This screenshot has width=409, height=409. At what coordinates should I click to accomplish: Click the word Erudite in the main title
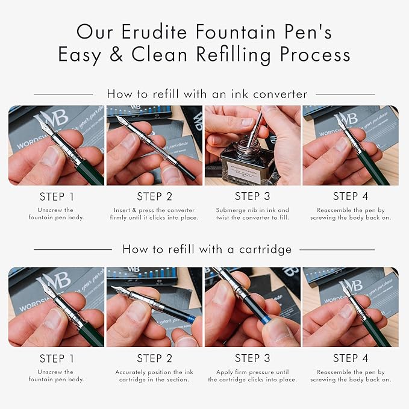tap(154, 32)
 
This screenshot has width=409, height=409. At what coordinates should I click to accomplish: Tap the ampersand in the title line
tap(116, 54)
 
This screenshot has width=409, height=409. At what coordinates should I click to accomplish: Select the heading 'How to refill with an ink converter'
tap(207, 94)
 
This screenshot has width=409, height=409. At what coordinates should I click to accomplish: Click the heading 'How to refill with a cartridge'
tap(207, 249)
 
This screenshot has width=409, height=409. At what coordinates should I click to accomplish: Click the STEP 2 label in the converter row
tap(154, 196)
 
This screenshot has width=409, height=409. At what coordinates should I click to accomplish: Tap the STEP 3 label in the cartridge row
tap(252, 358)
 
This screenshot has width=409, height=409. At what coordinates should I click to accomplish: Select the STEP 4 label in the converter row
tap(351, 196)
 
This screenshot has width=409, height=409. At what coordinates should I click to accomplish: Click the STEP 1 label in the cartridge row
tap(57, 358)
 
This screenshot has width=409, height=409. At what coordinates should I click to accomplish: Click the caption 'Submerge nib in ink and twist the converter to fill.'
tap(252, 214)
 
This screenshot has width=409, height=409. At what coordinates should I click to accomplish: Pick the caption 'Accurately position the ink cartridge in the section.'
tap(154, 376)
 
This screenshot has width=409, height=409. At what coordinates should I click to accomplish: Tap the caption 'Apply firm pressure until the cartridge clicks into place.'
tap(252, 376)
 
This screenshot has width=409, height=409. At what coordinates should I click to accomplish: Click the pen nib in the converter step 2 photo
tap(122, 120)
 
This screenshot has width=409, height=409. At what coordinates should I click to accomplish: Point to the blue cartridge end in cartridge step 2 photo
tap(192, 319)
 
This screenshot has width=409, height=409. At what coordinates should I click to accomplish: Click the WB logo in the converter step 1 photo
tap(52, 119)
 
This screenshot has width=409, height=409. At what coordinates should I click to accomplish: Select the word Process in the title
tap(315, 54)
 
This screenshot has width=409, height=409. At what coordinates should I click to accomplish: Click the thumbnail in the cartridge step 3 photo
tap(276, 332)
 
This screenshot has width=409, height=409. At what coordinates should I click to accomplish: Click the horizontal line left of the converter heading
tap(63, 95)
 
